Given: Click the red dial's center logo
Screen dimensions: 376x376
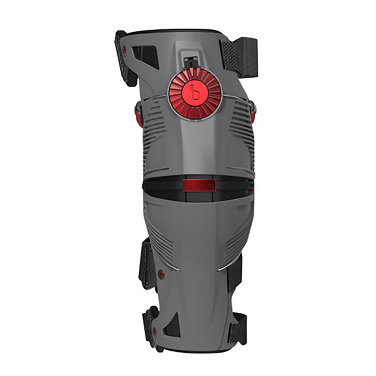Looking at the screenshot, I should [194, 92].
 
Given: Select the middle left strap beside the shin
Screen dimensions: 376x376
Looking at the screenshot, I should [147, 263].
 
